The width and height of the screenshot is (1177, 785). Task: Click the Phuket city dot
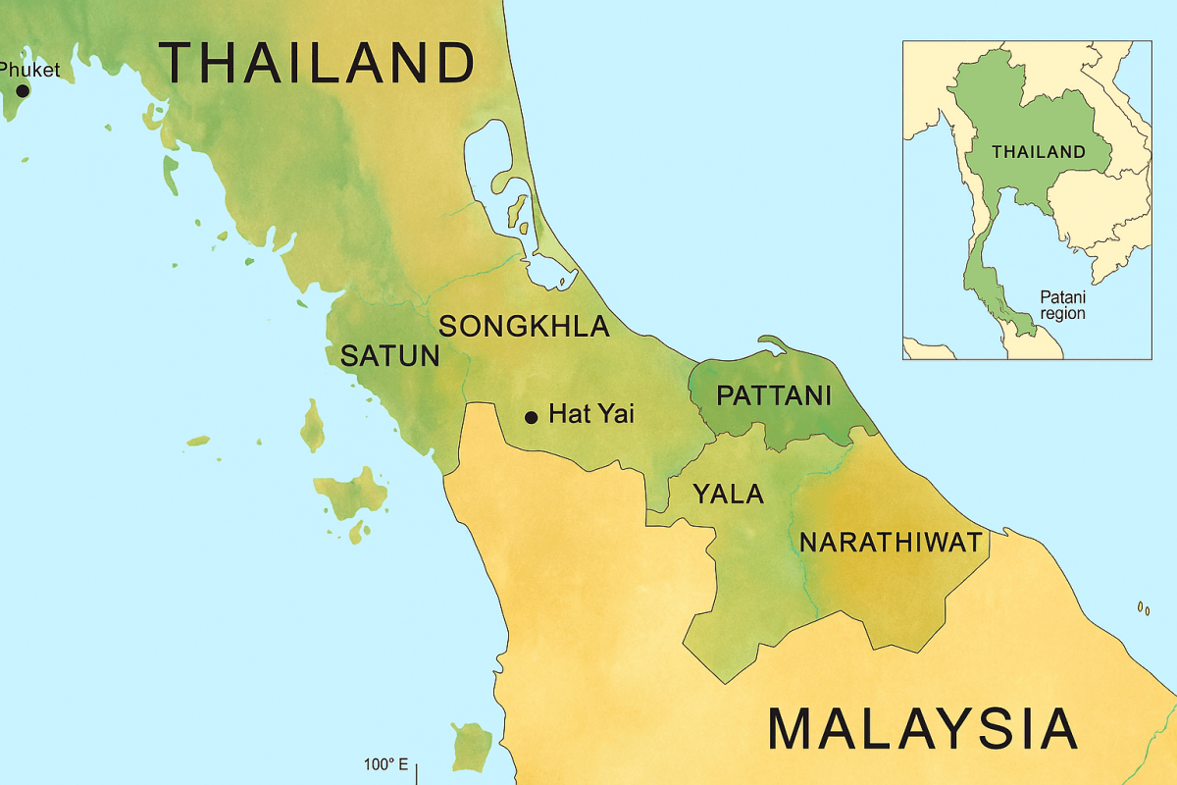point(22,90)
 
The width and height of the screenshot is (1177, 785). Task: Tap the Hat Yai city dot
point(532,417)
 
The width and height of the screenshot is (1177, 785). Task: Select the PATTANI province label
point(774,396)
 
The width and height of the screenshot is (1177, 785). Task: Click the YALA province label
point(728,494)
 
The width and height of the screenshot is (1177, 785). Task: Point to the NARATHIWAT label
point(891,542)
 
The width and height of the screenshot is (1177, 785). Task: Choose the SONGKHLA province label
point(524,327)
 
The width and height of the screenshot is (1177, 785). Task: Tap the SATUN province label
point(389,356)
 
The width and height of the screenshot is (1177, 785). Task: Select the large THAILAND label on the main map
point(317,63)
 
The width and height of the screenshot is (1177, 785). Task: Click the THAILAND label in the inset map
point(1038,152)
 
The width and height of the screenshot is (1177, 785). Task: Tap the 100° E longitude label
point(385,764)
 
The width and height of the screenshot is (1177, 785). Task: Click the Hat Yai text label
point(591,414)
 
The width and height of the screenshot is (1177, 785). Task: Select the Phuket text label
point(29,70)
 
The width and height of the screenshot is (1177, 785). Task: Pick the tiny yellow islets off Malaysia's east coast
point(1144,609)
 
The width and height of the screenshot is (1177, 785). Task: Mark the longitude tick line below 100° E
point(418,774)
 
